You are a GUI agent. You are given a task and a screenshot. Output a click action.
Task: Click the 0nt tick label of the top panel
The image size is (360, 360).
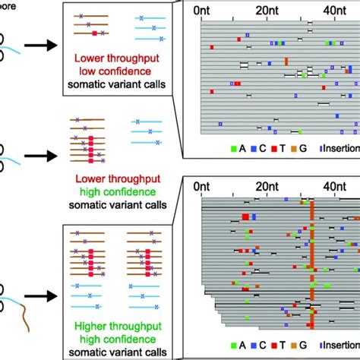[x=203, y=11]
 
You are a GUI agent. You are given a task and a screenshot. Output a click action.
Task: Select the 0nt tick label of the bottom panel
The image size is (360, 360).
[x=203, y=186]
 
